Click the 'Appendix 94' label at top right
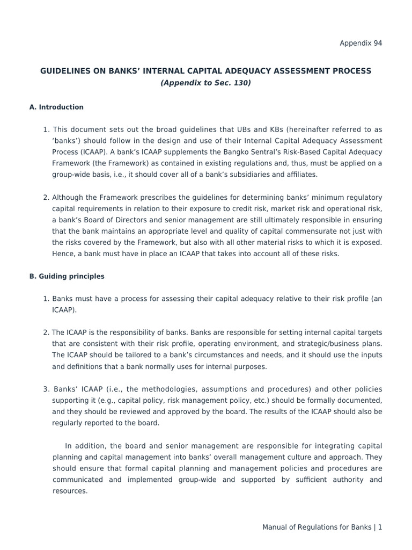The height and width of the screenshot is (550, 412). click(x=360, y=43)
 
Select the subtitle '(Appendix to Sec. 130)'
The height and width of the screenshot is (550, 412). click(x=206, y=83)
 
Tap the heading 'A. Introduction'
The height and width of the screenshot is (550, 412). click(x=56, y=107)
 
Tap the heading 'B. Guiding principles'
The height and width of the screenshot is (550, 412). click(x=67, y=277)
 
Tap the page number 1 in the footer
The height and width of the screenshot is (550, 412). click(x=380, y=527)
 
